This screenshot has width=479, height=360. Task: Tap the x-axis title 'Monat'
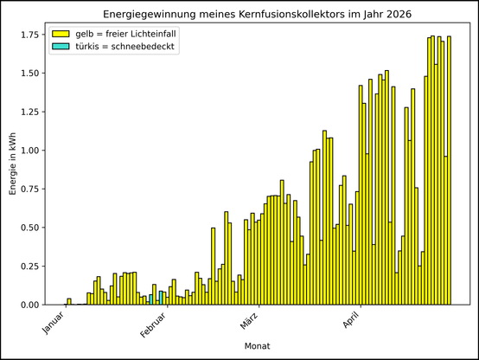point(257,346)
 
